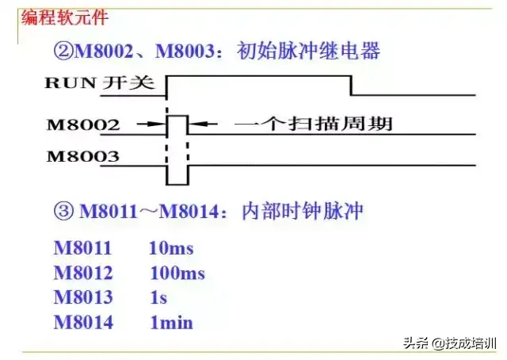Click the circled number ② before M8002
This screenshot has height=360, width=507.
(63, 52)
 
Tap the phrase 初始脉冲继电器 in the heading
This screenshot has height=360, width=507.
(308, 52)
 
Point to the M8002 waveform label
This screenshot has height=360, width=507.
(82, 124)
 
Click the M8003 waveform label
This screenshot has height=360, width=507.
(82, 155)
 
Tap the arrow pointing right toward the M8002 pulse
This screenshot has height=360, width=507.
(151, 124)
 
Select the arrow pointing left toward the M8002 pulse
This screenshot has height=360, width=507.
(203, 124)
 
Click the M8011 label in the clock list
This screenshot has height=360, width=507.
(82, 248)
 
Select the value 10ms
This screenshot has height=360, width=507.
(170, 248)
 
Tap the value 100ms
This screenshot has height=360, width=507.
(177, 274)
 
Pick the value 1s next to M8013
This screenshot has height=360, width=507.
(158, 298)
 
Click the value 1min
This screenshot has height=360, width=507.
(171, 323)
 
